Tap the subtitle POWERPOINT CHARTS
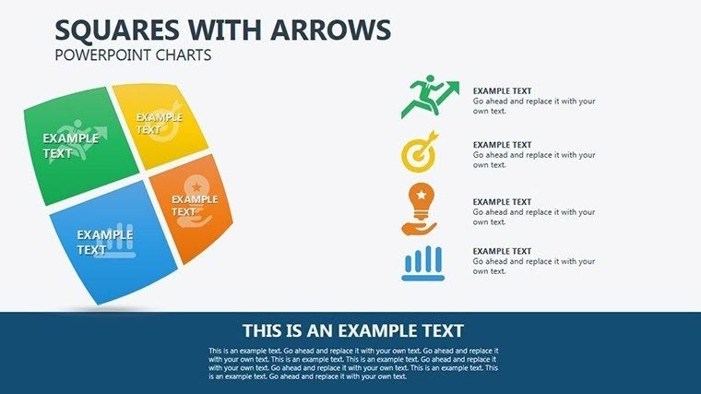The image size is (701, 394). click(x=134, y=55)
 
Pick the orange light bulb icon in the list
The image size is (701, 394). click(x=420, y=209)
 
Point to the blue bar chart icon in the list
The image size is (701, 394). click(x=422, y=263)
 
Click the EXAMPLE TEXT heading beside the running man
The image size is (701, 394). click(x=502, y=90)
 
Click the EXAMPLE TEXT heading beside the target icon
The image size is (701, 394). click(x=502, y=145)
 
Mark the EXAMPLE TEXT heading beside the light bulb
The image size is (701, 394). click(x=502, y=202)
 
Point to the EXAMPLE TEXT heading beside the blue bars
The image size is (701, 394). click(x=502, y=251)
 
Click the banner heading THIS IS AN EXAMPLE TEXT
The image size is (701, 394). click(x=352, y=330)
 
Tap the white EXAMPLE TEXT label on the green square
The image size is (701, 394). click(x=70, y=146)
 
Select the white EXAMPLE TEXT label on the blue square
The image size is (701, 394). click(x=104, y=242)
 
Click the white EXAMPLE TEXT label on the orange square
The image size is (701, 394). click(x=194, y=205)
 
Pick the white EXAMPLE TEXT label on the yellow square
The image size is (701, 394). click(x=160, y=124)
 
